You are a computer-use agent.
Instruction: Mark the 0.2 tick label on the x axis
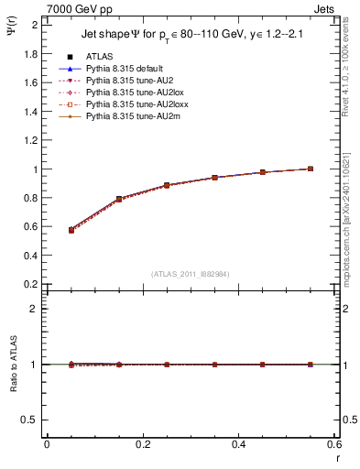pos(143,444)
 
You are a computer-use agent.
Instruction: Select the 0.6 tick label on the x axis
pos(334,444)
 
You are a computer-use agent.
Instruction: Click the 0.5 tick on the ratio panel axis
pos(30,420)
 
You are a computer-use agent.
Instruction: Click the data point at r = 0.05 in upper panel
pos(71,230)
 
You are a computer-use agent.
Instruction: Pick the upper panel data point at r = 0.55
pos(311,169)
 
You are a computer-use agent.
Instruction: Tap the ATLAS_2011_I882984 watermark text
pos(191,274)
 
